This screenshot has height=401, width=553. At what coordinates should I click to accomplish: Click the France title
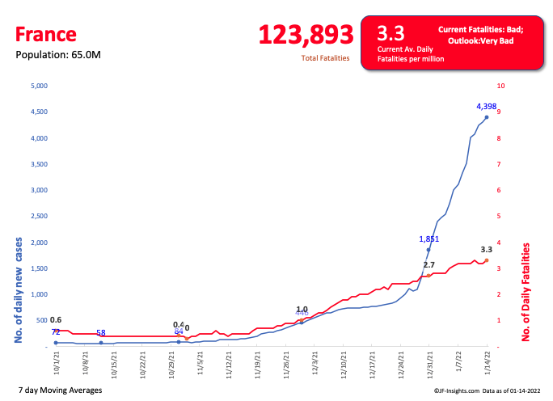[x=45, y=34]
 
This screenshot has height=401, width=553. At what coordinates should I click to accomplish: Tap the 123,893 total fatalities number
[x=306, y=34]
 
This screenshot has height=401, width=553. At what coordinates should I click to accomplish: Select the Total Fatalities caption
[x=325, y=58]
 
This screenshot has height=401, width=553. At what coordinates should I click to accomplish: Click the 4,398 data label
[x=487, y=106]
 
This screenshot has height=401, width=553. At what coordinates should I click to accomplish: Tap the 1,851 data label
[x=429, y=238]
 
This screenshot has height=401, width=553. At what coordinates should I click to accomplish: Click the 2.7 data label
[x=429, y=264]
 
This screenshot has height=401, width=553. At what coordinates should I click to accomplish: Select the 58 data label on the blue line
[x=101, y=332]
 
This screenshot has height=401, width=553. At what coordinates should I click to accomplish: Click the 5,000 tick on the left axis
[x=40, y=86]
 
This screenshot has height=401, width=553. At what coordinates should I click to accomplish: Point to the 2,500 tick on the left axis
[x=40, y=216]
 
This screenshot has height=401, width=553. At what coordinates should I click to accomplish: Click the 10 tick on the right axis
[x=501, y=86]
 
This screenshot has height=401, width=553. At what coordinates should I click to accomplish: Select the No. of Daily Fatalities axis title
[x=526, y=292]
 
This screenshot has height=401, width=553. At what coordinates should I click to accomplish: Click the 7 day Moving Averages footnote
[x=59, y=390]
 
